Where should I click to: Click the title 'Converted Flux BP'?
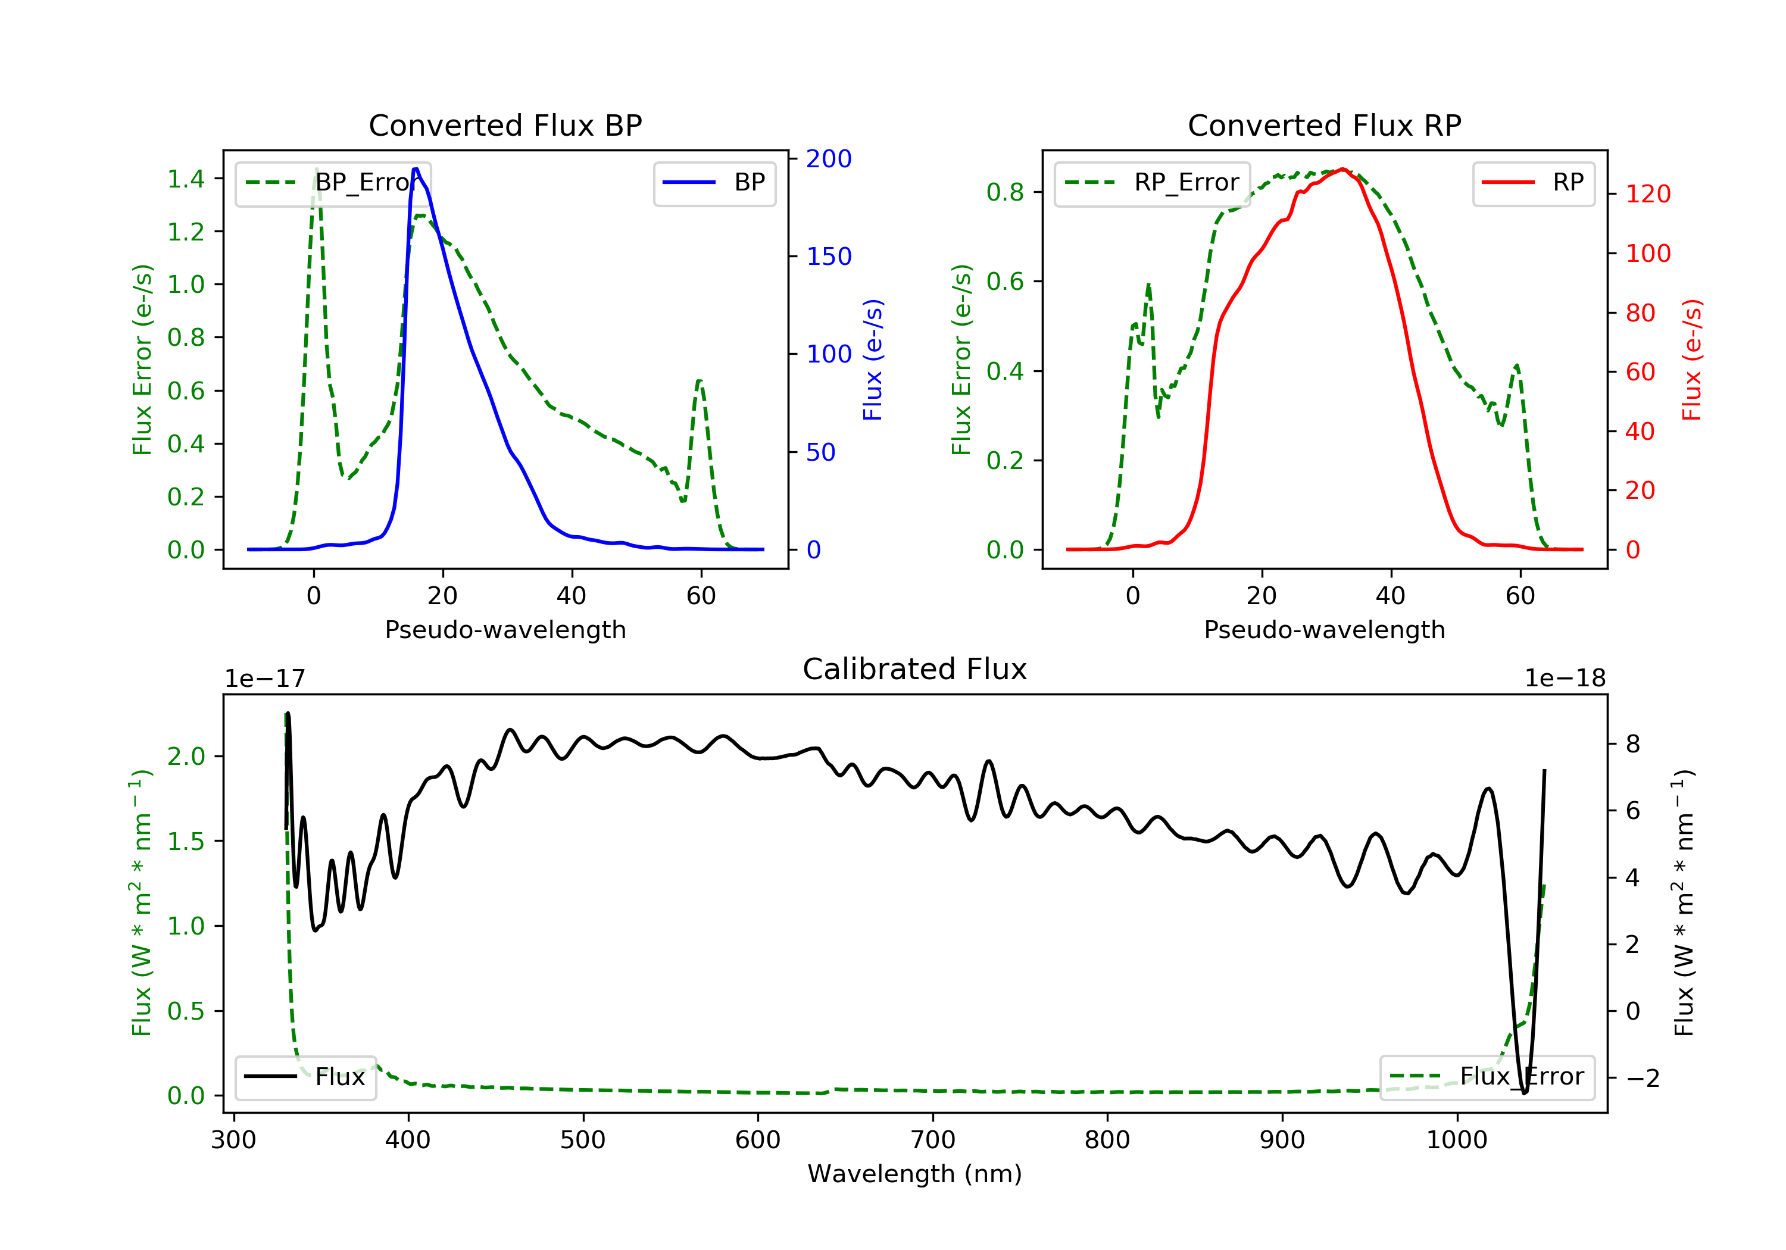[505, 125]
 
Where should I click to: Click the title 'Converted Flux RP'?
[1325, 125]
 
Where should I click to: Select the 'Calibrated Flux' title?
[915, 669]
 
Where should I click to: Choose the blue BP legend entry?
[714, 183]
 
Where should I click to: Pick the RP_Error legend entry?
[1152, 183]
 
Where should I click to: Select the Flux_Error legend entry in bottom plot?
[1487, 1077]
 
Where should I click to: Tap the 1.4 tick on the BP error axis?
[186, 179]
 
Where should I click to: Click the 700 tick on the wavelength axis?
[933, 1139]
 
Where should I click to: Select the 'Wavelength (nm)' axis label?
[915, 1174]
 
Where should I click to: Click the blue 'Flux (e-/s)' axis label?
[873, 360]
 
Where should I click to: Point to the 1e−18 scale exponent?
[1565, 679]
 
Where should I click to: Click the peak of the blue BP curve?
[416, 169]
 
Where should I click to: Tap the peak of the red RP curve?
[1342, 169]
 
